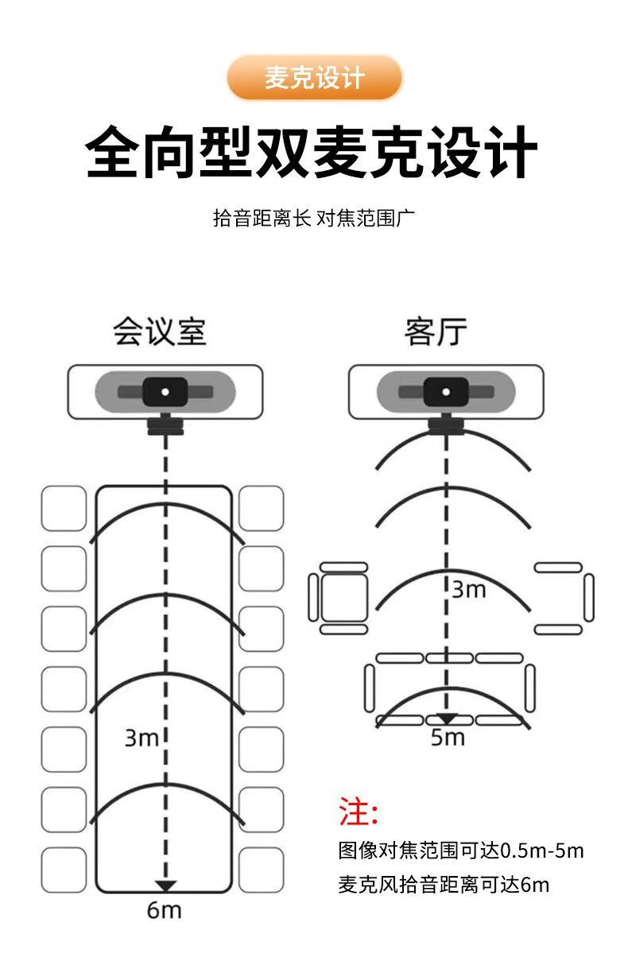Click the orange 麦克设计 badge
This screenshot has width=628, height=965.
click(314, 78)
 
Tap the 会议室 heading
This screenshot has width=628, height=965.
click(160, 331)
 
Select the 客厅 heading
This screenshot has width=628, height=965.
click(436, 331)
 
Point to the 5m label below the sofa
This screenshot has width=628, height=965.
click(448, 738)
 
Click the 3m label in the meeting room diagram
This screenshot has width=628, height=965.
click(141, 738)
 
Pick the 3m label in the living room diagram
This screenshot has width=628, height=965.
click(469, 590)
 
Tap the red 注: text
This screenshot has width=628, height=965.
click(359, 812)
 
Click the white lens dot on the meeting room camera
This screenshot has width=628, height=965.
click(165, 392)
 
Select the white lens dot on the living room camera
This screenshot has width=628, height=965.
click(446, 392)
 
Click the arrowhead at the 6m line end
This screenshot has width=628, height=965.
click(166, 886)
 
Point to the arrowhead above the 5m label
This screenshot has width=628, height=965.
click(447, 719)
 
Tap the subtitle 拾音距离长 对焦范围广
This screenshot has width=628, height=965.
click(314, 218)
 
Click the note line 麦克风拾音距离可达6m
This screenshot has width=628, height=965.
click(444, 885)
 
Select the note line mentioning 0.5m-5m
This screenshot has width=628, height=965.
click(461, 851)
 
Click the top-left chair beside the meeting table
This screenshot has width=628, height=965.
click(64, 509)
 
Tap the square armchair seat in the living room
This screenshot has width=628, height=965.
click(344, 598)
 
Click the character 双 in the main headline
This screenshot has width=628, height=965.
click(282, 152)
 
